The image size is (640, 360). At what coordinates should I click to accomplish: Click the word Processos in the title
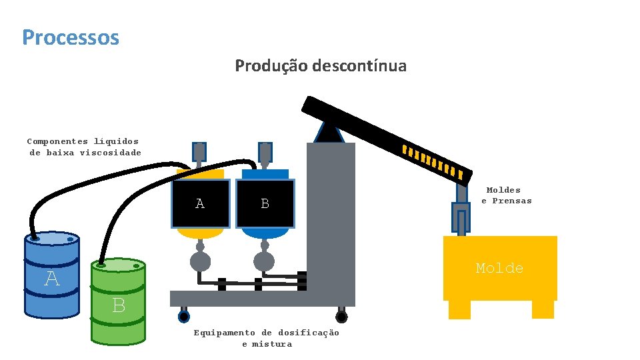click(x=71, y=37)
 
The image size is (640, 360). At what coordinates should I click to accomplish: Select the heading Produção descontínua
click(x=320, y=66)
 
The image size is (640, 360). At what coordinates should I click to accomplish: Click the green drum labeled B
click(x=119, y=303)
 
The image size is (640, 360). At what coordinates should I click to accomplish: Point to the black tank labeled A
click(x=200, y=204)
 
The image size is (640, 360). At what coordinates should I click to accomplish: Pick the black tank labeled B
click(x=265, y=204)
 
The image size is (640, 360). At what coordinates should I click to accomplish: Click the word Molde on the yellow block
click(x=499, y=268)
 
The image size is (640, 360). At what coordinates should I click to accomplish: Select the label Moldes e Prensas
click(x=507, y=195)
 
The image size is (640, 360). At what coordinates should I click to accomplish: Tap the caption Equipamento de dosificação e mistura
click(x=267, y=338)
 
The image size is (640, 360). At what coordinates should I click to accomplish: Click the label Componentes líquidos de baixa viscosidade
click(x=84, y=147)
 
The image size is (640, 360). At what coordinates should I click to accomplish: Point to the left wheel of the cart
click(x=183, y=317)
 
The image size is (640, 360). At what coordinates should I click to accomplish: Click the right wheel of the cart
click(x=341, y=317)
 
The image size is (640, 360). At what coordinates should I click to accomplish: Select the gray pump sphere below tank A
click(x=200, y=261)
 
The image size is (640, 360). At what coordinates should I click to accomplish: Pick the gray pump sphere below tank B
click(x=264, y=261)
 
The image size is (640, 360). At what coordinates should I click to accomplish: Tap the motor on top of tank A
click(x=199, y=153)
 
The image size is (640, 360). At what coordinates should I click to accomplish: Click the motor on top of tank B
click(x=265, y=153)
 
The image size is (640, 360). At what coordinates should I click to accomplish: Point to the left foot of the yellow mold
click(x=459, y=309)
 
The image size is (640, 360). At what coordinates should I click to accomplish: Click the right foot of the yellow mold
click(x=543, y=309)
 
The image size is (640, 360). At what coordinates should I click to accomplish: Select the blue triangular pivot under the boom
click(x=330, y=132)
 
